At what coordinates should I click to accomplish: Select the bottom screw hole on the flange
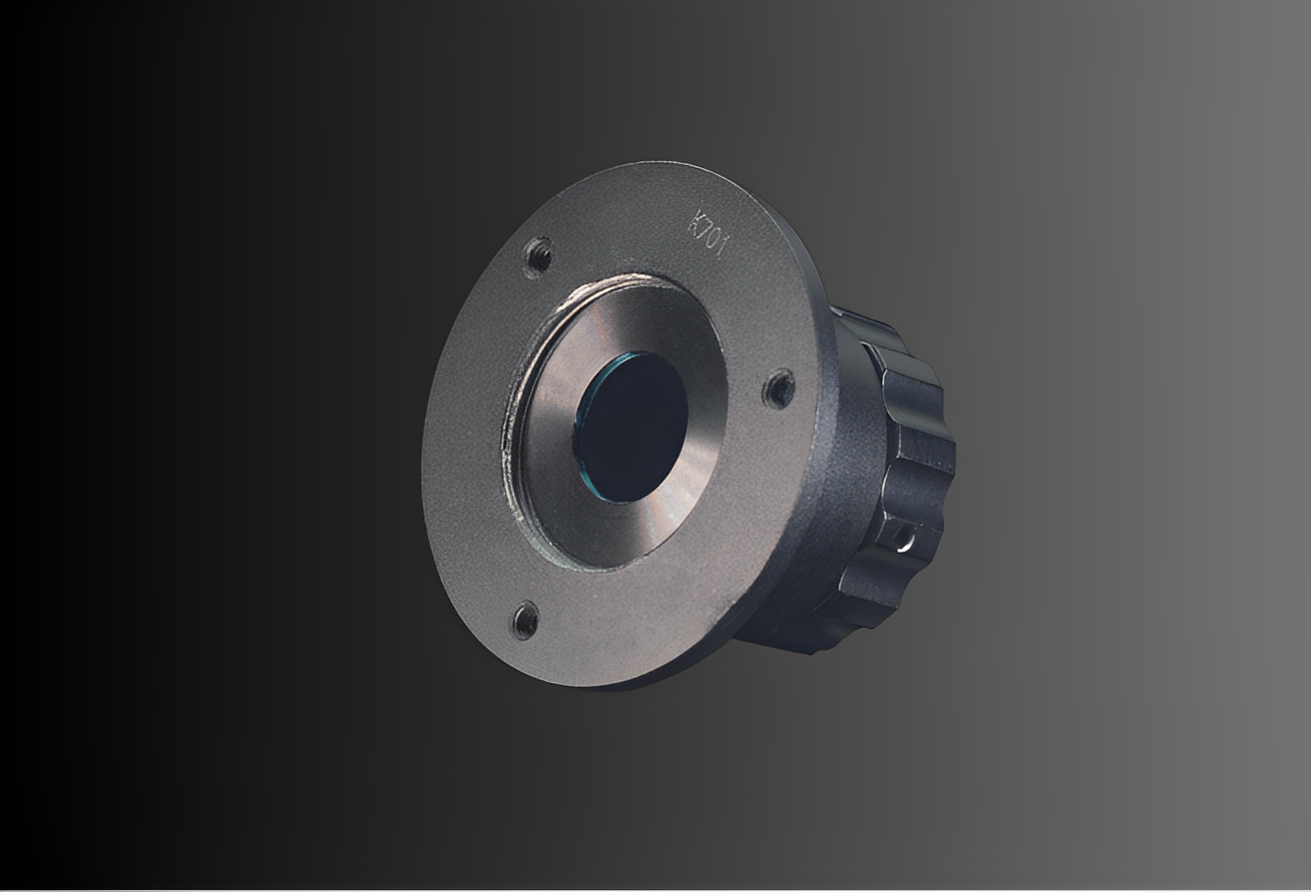[x=526, y=618]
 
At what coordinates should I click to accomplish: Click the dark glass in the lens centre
[x=632, y=427]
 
